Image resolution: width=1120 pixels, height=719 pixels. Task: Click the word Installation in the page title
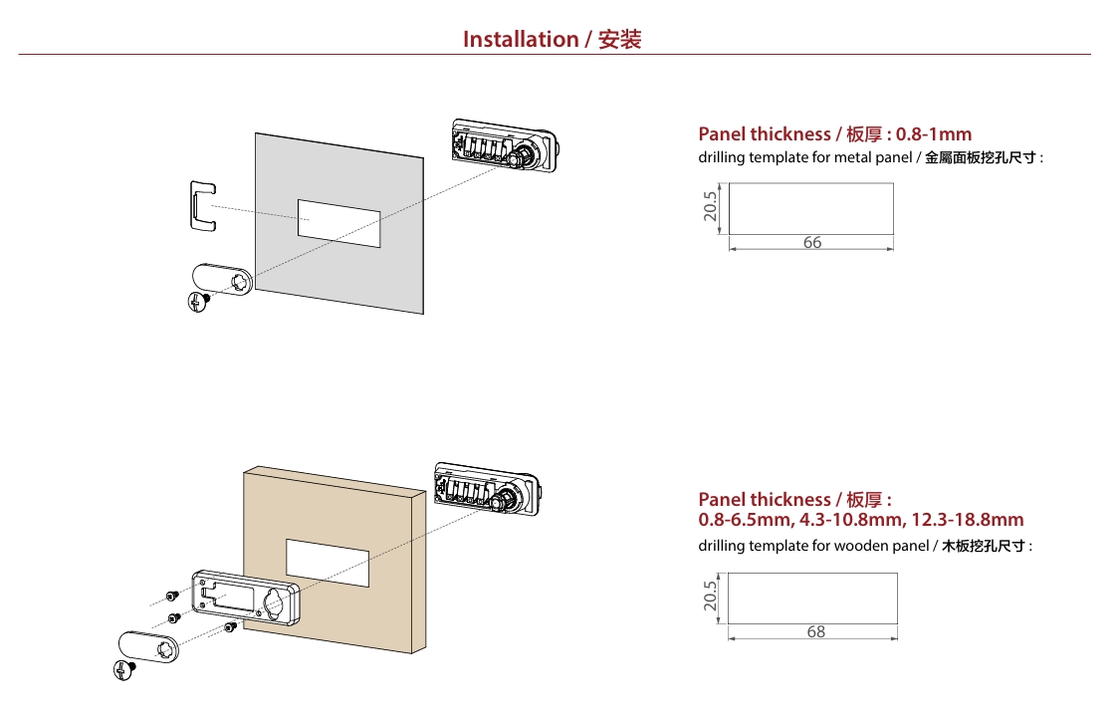(x=520, y=40)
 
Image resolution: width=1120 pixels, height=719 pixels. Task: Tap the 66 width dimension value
(x=812, y=242)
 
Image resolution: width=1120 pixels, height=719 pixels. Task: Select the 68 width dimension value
(x=816, y=631)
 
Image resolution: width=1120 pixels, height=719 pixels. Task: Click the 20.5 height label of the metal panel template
(x=710, y=207)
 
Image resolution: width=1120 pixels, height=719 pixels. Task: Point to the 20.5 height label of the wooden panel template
(x=710, y=596)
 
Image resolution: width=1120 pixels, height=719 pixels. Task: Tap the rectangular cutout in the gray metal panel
(x=338, y=223)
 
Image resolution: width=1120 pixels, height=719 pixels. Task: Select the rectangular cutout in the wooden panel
(x=328, y=563)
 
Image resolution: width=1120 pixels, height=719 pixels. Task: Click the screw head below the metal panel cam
(x=198, y=301)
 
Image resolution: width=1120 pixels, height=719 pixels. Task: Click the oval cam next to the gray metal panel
(x=221, y=279)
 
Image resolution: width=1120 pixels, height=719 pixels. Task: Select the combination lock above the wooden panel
(x=488, y=487)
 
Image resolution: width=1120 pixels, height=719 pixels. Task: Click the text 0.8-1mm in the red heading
(x=933, y=134)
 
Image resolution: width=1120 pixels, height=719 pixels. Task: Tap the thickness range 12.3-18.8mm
(x=967, y=520)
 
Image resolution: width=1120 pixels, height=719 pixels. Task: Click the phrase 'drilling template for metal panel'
(x=804, y=158)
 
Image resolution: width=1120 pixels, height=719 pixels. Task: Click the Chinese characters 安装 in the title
(x=619, y=40)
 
